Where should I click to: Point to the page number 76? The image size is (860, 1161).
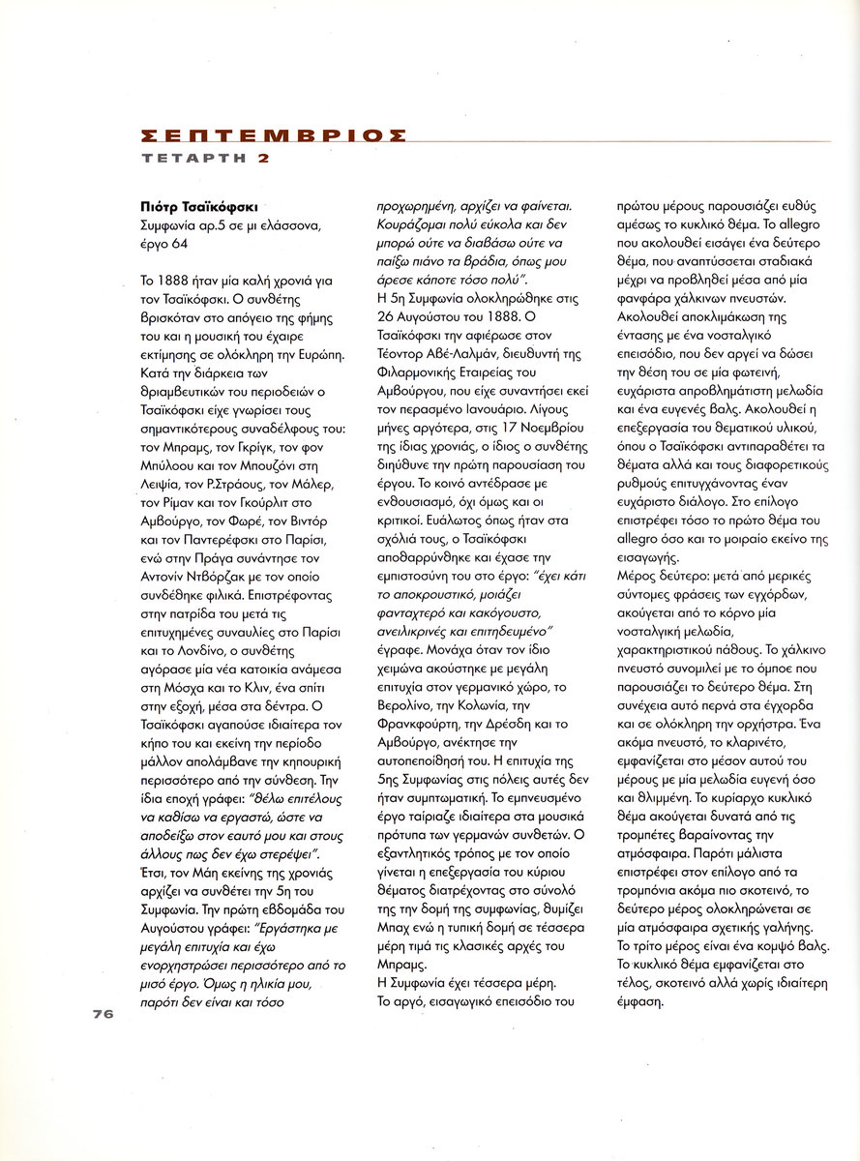[x=104, y=1013]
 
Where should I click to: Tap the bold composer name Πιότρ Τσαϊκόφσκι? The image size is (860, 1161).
[x=198, y=206]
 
